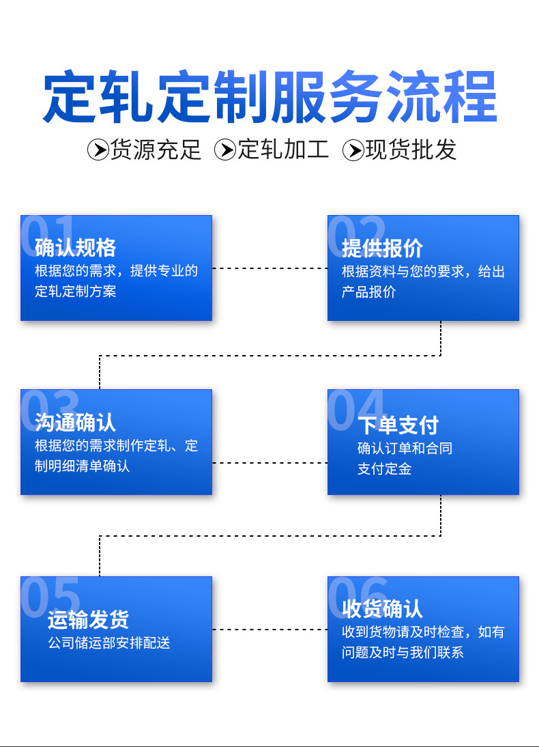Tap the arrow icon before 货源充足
(x=98, y=150)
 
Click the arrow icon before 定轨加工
(x=225, y=150)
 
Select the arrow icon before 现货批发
(x=353, y=150)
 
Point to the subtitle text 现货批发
(x=411, y=150)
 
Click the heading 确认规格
(x=75, y=247)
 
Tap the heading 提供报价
(x=382, y=247)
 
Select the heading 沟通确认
(x=75, y=422)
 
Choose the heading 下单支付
(x=398, y=425)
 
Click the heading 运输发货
(x=88, y=619)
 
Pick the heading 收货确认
(x=382, y=608)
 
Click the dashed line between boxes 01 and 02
(x=269, y=268)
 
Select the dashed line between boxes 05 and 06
(x=269, y=629)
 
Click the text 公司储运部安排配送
(x=108, y=643)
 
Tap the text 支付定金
(x=384, y=469)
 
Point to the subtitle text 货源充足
(x=156, y=150)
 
